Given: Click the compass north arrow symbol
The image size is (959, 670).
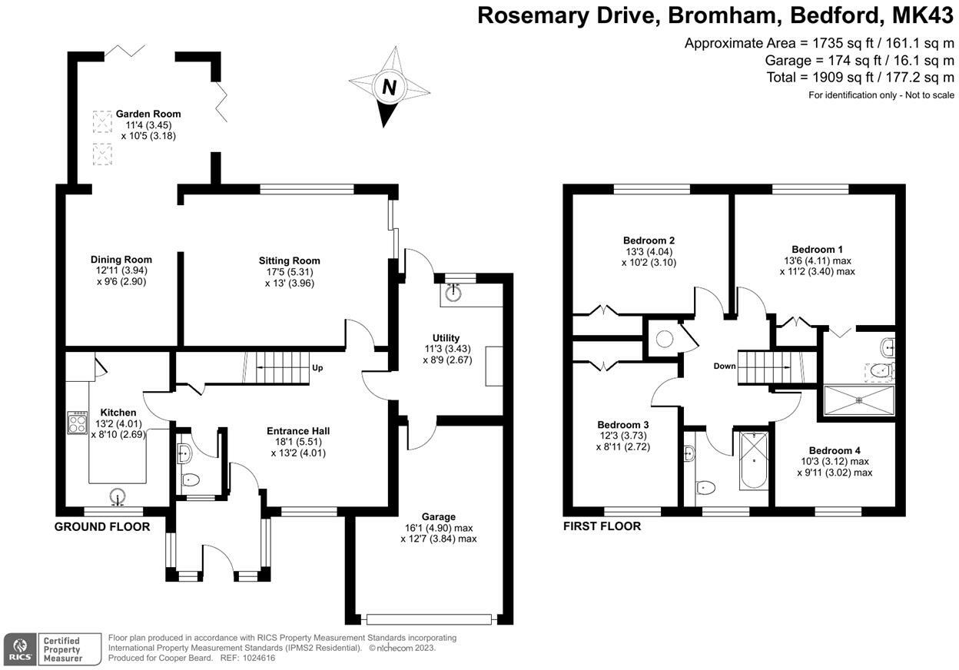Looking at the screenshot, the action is click(389, 86).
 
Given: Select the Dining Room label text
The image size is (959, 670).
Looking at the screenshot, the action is click(121, 260).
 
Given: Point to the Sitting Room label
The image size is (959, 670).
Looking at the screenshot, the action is click(289, 260).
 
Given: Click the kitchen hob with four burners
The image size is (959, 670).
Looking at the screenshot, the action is click(78, 423).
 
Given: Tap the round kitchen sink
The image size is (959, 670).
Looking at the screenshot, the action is click(118, 496).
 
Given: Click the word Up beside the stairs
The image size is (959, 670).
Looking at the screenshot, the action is click(317, 367).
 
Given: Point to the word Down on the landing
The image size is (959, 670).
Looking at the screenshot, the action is click(725, 366).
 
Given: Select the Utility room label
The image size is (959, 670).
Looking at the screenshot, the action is click(446, 338).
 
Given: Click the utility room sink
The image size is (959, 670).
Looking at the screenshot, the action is click(454, 292).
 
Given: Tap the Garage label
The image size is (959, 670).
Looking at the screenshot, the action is click(438, 516).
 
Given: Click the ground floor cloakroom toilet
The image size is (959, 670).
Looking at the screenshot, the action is click(191, 480).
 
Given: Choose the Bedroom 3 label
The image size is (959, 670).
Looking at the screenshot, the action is click(623, 424).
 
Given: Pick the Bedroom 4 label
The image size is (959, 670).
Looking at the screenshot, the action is click(835, 450).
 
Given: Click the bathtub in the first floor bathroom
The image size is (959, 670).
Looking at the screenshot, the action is click(753, 461).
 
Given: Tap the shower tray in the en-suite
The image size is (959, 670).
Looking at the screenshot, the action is click(859, 400).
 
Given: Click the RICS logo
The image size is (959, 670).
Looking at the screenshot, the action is click(20, 650).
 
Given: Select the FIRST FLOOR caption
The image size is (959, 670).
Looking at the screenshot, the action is click(602, 526).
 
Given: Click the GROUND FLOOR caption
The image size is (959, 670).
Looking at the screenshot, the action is click(101, 526).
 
